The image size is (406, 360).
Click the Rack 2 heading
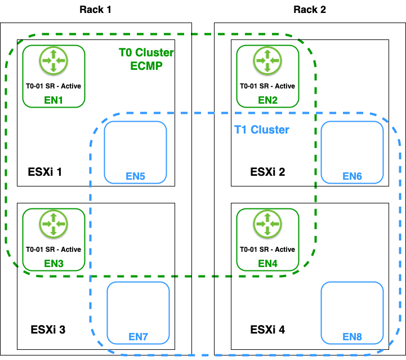(x=310, y=10)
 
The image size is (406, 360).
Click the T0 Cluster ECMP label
(x=146, y=59)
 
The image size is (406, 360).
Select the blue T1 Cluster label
(x=261, y=130)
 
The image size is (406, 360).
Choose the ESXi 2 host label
(x=267, y=171)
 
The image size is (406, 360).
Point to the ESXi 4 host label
(x=267, y=330)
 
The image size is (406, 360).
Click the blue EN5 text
(x=135, y=176)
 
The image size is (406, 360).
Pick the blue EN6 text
(x=352, y=176)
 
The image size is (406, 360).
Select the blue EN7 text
(x=138, y=337)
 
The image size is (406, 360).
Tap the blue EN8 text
(x=352, y=337)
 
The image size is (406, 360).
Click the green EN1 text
(x=53, y=100)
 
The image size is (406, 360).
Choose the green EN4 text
(x=267, y=263)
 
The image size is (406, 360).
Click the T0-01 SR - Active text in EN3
(x=53, y=250)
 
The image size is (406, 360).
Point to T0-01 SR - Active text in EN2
(x=267, y=86)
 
